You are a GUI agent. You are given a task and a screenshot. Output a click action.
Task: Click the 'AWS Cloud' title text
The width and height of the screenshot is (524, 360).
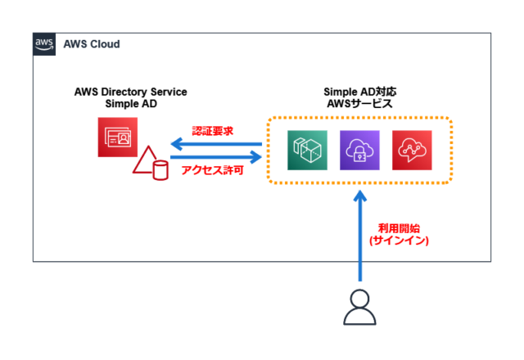point(91,44)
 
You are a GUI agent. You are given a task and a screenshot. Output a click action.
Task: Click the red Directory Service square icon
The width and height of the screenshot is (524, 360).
point(116,136)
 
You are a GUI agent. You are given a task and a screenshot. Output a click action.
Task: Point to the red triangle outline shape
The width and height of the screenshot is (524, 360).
point(145,163)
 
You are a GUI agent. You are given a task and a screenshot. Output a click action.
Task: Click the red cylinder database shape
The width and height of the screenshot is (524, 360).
point(160,169)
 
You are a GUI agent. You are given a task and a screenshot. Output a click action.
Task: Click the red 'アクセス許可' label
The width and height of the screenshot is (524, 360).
point(213,172)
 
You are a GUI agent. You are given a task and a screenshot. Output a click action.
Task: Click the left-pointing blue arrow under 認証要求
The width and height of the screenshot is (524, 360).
point(215,144)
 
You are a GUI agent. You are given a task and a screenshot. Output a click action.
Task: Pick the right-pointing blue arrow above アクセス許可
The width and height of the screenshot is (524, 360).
point(215,157)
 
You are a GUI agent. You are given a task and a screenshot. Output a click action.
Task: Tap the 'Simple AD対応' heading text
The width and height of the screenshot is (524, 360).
point(359,92)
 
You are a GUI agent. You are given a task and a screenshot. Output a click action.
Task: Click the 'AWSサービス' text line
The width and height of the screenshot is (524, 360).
point(359,105)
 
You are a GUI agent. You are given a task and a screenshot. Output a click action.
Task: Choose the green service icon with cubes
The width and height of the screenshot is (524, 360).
point(308,150)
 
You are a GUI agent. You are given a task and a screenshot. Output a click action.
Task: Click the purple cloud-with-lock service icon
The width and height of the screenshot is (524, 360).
point(359,150)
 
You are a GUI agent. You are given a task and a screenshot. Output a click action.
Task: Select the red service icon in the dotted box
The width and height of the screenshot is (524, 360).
point(412,150)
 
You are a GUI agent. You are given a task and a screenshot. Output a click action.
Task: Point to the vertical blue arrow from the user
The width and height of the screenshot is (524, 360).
point(359,237)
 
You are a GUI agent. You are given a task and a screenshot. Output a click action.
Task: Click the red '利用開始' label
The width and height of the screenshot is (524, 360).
point(398,228)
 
